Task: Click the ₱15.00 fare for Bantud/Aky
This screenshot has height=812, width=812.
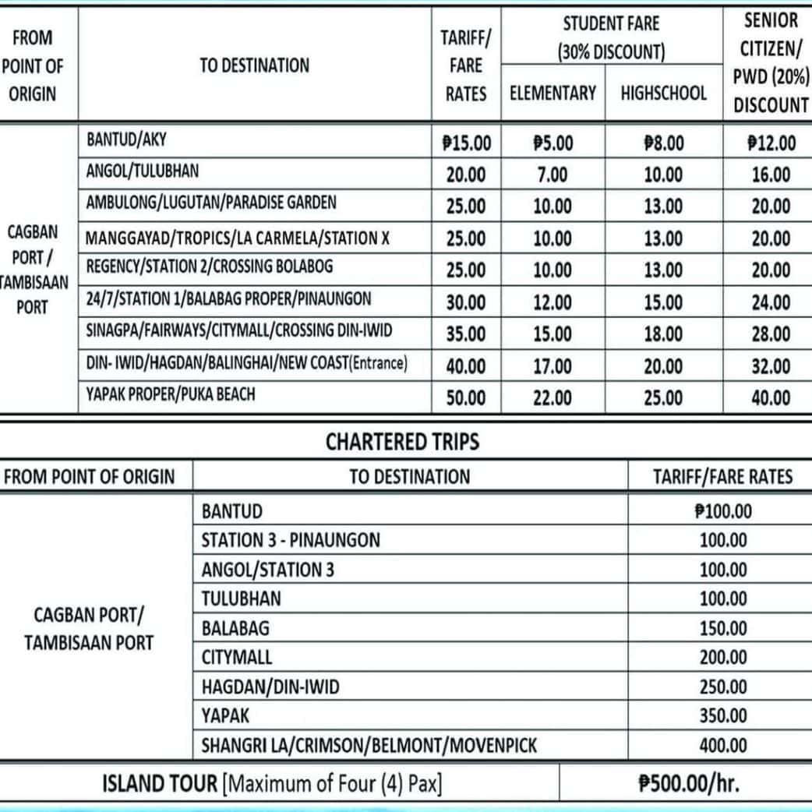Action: click(466, 143)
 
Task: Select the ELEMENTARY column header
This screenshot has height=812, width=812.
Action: click(553, 94)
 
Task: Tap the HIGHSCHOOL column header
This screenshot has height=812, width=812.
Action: click(663, 94)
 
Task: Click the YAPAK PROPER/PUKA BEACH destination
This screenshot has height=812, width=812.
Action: click(171, 394)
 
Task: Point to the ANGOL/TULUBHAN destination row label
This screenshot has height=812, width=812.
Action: click(143, 171)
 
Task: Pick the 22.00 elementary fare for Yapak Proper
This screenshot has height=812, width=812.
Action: click(553, 398)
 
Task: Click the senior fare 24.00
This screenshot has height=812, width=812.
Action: click(771, 302)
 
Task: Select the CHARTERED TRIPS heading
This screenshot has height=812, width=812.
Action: click(402, 443)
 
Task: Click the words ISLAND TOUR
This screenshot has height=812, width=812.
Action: click(160, 783)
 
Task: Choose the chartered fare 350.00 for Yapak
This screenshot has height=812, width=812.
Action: click(722, 715)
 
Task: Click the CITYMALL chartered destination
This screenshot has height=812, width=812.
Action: click(237, 657)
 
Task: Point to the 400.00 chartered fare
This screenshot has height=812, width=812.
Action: click(722, 745)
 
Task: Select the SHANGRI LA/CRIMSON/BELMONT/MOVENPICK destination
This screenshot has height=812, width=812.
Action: click(369, 745)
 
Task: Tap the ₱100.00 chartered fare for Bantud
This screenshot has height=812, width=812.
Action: click(722, 511)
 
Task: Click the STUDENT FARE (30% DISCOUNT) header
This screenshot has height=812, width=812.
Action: click(611, 38)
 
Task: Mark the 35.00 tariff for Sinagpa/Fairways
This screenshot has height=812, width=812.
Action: click(466, 334)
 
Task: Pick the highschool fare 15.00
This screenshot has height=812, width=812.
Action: click(663, 302)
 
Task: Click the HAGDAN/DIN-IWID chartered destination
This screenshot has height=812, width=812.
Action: click(270, 687)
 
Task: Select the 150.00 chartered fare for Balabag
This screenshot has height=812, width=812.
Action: click(722, 628)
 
